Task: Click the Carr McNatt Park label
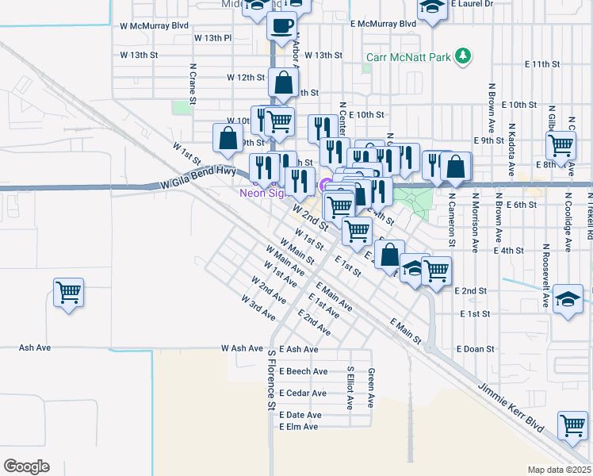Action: pos(408,57)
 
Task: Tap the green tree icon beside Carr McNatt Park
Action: pos(463,56)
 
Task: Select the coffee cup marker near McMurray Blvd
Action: pos(283,29)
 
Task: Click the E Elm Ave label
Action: pos(299,427)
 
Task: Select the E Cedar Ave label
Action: pos(302,393)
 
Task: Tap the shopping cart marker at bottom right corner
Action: pos(572,425)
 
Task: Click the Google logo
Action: pos(26,466)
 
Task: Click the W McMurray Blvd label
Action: pos(155,25)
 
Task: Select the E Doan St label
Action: pos(476,348)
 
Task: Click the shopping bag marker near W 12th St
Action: pos(283,82)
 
